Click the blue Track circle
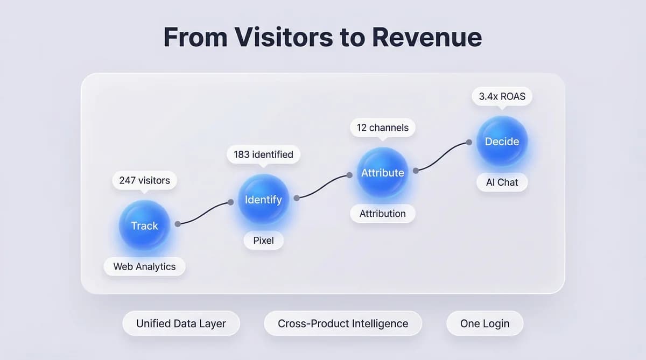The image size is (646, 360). [144, 225]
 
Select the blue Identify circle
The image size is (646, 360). [263, 200]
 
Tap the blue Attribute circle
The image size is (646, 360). [382, 173]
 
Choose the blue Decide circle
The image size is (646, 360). [502, 142]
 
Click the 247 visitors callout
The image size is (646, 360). [144, 180]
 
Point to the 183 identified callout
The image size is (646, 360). [263, 154]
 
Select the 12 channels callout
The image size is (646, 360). [382, 128]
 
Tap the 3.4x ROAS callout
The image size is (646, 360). [502, 97]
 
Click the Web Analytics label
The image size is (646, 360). [144, 266]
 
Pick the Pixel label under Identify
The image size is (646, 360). [263, 241]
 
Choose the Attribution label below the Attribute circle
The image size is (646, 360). [382, 214]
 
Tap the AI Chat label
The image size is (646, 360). [502, 182]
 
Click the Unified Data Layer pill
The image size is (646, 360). [181, 323]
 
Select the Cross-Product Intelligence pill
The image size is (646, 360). [343, 323]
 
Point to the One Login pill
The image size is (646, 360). [484, 323]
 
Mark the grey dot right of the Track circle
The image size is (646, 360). [178, 224]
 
